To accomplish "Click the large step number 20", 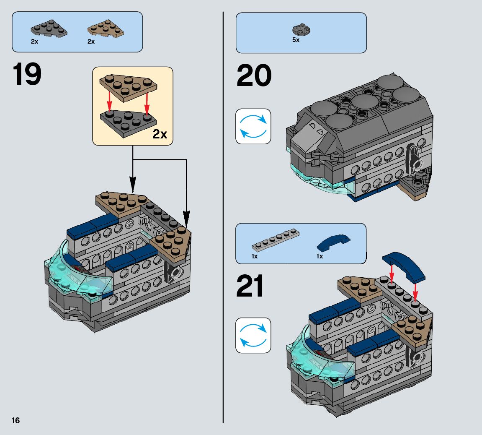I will pos(254,76).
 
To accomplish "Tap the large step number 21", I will pos(250,287).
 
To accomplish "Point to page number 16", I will pos(16,421).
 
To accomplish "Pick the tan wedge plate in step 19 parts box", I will pos(105,28).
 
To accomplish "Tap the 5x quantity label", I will pos(296,40).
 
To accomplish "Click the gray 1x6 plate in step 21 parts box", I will pos(275,242).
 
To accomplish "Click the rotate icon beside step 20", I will pos(253,126).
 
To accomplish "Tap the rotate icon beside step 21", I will pos(253,335).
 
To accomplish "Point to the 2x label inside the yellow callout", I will pos(160,134).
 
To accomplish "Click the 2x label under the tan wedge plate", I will pos(91,42).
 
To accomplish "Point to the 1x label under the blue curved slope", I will pos(320,256).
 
